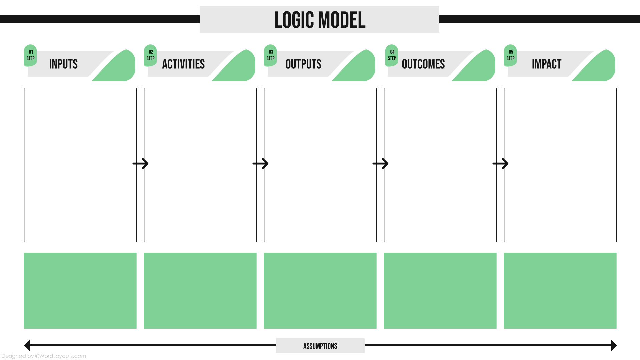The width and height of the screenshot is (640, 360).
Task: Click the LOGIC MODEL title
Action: [x=320, y=20]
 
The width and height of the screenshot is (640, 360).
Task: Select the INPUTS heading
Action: [x=63, y=64]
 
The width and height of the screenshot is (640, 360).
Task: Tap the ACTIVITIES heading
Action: [x=183, y=64]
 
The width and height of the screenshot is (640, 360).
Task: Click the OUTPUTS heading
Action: [x=303, y=64]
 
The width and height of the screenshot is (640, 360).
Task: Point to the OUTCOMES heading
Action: [x=423, y=64]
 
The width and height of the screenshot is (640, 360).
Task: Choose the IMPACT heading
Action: [x=547, y=64]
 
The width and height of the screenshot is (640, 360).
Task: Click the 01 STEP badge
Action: [x=30, y=55]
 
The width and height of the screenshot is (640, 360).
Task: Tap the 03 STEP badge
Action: [x=270, y=55]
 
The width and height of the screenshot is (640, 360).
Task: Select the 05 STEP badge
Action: [x=510, y=55]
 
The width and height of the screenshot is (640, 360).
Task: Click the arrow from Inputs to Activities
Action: [x=140, y=164]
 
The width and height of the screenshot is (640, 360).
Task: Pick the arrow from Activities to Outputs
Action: [x=260, y=164]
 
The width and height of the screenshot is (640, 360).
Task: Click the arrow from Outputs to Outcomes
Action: [x=380, y=164]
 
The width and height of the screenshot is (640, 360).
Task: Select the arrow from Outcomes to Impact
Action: [x=500, y=164]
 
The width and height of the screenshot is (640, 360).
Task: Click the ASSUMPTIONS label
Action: [x=320, y=346]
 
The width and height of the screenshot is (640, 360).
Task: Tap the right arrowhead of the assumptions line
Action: [x=614, y=345]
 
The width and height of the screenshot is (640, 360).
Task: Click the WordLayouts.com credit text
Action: [x=44, y=356]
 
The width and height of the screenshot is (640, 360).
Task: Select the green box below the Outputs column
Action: [x=320, y=290]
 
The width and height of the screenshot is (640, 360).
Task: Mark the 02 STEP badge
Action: [x=150, y=55]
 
